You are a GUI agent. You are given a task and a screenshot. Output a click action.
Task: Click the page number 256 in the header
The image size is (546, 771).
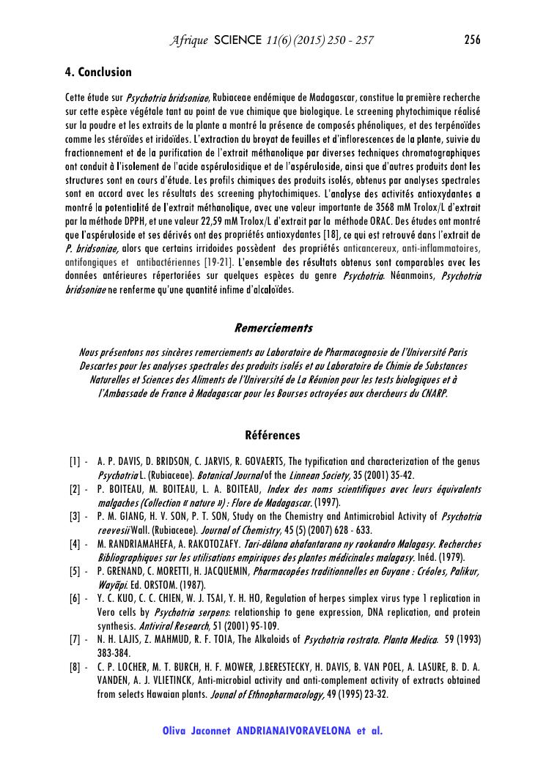(x=472, y=40)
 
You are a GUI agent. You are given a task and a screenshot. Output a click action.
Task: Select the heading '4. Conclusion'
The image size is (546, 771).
(x=99, y=72)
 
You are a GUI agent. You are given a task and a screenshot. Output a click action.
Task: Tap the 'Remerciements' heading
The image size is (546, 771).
(x=273, y=327)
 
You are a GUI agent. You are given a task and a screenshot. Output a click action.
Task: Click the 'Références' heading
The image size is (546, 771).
(x=273, y=436)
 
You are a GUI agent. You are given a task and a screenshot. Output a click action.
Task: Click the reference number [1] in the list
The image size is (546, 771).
(x=75, y=462)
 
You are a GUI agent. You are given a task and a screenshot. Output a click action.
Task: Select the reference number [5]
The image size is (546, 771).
(x=75, y=571)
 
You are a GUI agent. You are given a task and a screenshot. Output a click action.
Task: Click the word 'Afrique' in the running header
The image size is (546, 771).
(x=188, y=40)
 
